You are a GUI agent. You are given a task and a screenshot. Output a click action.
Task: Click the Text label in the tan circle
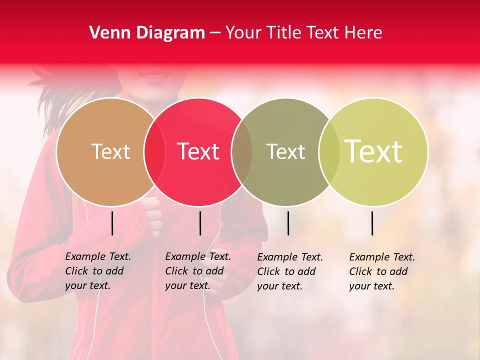tap(110, 151)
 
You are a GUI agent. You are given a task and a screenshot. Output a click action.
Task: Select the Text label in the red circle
tap(198, 151)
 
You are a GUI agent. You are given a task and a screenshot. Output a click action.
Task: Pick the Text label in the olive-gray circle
tap(285, 151)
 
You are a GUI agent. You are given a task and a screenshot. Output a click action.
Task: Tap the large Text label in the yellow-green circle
tap(373, 151)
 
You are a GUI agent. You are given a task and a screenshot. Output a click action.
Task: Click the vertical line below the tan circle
tap(112, 223)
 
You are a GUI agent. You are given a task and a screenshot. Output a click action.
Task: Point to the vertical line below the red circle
tap(200, 223)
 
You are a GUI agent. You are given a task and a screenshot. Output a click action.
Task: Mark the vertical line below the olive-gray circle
tap(288, 223)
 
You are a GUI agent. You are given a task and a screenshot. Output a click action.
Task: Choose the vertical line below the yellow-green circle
tap(372, 223)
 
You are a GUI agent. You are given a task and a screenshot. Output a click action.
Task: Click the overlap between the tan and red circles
tap(154, 151)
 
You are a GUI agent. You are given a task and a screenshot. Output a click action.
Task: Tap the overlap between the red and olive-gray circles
tap(242, 151)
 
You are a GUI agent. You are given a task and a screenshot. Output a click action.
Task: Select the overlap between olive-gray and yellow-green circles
tap(329, 151)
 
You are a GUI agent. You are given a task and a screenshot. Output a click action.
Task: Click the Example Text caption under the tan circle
tap(97, 271)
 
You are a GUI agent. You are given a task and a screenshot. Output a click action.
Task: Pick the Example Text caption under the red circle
tap(197, 271)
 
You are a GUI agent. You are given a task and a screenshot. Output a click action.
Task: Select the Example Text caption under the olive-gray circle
tap(289, 271)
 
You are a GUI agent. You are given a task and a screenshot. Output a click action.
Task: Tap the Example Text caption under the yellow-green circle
tap(381, 271)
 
